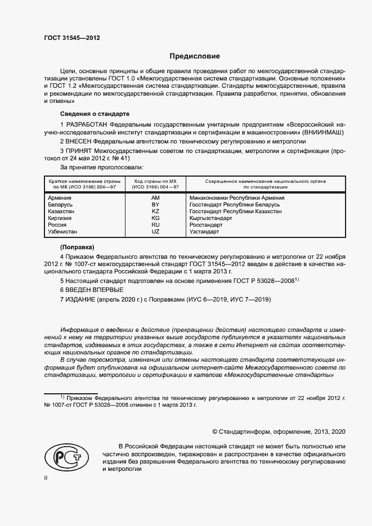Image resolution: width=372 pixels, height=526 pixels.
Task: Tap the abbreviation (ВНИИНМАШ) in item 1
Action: (x=322, y=131)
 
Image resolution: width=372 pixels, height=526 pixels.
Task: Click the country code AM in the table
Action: (x=156, y=198)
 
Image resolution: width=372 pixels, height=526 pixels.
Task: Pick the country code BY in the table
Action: (x=156, y=205)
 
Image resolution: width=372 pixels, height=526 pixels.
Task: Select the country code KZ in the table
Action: (x=156, y=212)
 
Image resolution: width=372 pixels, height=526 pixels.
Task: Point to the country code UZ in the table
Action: (x=156, y=232)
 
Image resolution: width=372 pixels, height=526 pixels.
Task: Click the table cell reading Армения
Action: (x=60, y=198)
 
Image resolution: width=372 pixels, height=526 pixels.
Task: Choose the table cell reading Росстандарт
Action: (x=207, y=225)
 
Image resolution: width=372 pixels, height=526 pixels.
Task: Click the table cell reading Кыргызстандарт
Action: (x=212, y=218)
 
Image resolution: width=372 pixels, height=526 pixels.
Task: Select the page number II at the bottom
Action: (x=46, y=477)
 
